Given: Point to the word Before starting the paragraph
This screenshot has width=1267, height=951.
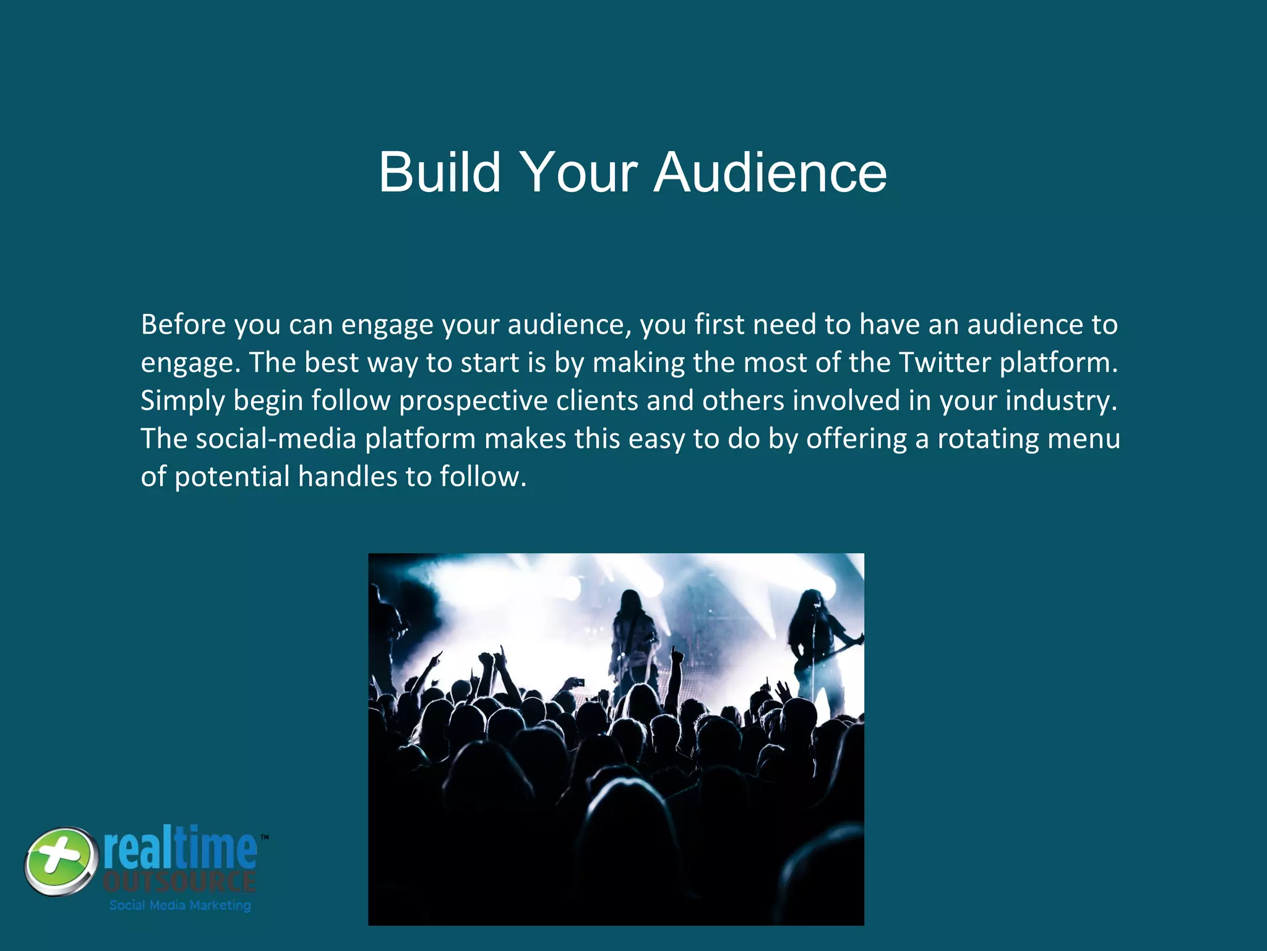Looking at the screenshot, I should point(183,324).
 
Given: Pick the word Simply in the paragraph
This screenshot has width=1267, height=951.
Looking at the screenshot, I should point(183,401).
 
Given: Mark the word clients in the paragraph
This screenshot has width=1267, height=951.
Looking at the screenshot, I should point(597,401).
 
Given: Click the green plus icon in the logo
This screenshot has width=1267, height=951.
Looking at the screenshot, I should point(61,861).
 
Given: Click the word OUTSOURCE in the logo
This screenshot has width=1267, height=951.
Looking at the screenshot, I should point(179,882).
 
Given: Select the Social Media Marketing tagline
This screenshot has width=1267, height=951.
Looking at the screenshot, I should point(180,905).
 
